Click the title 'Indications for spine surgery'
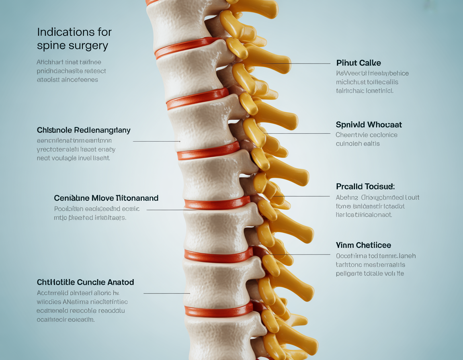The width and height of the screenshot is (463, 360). (x=74, y=39)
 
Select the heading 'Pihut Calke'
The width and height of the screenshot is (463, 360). (x=359, y=63)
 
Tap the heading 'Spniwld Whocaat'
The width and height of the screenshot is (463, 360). (x=369, y=125)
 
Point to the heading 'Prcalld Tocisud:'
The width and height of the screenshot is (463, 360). (x=365, y=186)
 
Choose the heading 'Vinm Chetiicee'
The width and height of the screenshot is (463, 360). (x=363, y=245)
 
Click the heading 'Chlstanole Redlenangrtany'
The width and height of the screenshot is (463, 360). (x=84, y=130)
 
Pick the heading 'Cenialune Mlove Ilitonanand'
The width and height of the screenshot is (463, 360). (x=106, y=198)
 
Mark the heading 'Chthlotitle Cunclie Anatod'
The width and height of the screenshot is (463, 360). (x=85, y=282)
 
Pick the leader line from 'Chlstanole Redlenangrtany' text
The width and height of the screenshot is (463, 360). (x=157, y=141)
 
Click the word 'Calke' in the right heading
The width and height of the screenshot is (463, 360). (x=370, y=63)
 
